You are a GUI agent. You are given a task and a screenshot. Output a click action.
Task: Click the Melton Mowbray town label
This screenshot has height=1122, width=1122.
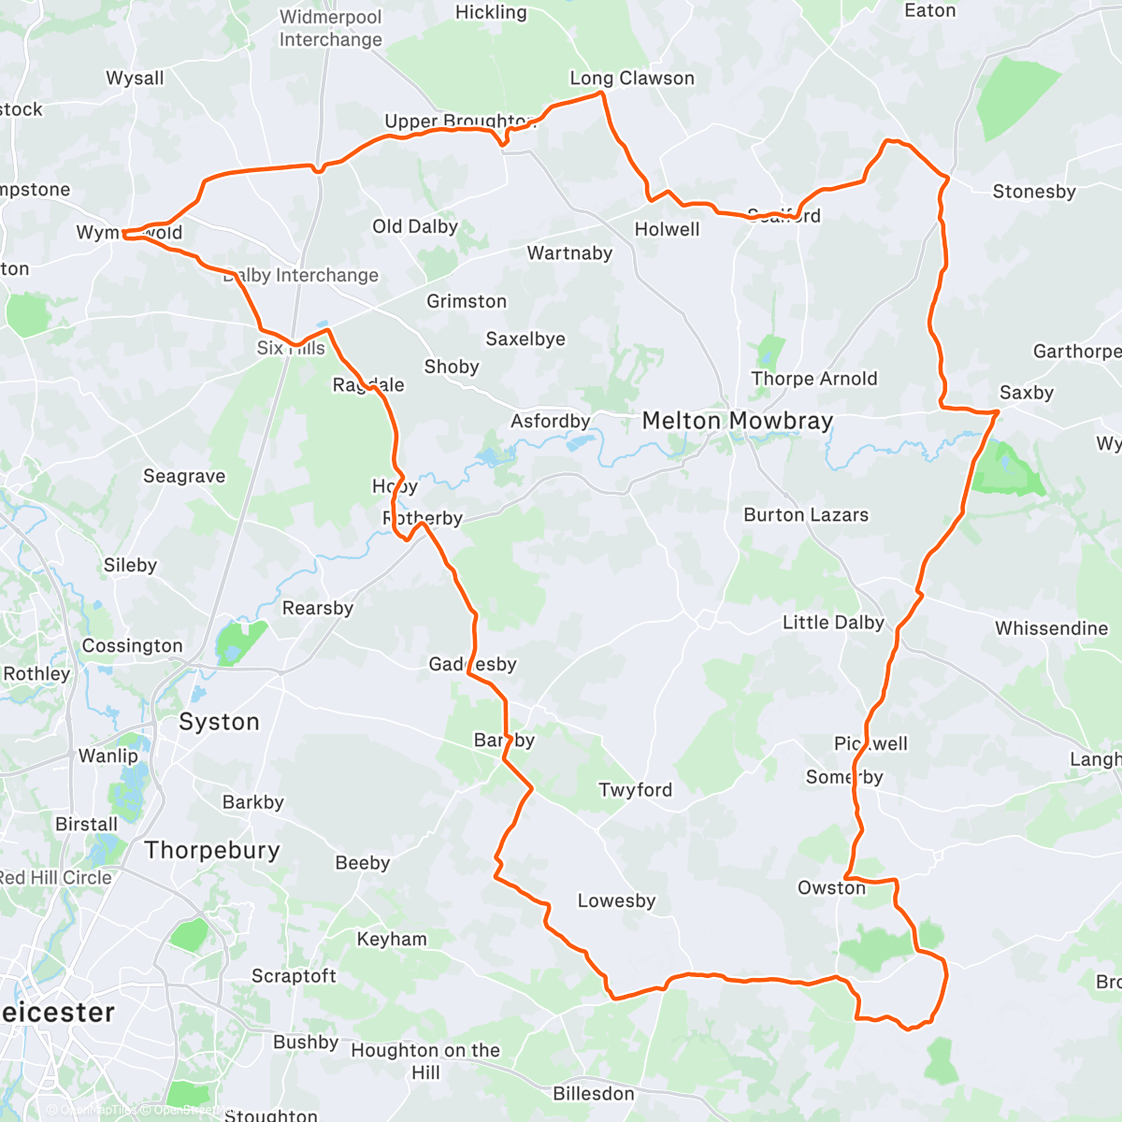click(737, 422)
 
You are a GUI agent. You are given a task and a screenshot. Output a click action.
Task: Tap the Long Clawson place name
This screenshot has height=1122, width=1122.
click(632, 79)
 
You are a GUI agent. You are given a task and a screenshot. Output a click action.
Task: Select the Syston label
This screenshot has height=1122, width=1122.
click(219, 722)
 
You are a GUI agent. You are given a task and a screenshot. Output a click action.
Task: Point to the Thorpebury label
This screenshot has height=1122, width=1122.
click(212, 850)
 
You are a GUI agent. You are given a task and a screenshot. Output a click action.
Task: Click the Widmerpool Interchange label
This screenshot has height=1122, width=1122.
click(331, 29)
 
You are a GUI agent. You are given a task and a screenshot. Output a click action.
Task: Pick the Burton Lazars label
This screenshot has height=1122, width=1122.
click(806, 515)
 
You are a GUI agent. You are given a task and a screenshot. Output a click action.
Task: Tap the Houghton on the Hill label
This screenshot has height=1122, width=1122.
click(425, 1061)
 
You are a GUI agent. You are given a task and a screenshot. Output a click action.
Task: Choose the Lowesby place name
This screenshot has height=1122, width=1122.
click(616, 901)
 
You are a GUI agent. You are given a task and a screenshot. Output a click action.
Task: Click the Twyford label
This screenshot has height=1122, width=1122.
click(636, 790)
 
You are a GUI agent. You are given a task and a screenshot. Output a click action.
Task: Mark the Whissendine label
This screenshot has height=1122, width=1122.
click(1051, 628)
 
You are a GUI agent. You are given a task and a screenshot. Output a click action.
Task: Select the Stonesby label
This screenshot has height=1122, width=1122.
click(1034, 192)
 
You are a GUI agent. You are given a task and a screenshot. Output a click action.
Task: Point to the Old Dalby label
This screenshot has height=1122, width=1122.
click(415, 226)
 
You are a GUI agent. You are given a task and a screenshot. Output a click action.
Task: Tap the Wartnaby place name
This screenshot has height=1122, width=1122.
click(569, 253)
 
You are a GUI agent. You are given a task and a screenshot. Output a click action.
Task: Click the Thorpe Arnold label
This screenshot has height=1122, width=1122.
click(814, 379)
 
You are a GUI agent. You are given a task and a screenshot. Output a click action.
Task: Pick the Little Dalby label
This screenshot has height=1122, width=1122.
click(833, 623)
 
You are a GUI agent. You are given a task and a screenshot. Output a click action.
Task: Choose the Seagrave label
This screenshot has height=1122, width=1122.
click(184, 476)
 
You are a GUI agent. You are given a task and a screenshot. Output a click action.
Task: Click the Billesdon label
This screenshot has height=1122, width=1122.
click(594, 1094)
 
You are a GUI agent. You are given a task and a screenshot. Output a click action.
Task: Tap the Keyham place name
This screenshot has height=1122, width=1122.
click(392, 939)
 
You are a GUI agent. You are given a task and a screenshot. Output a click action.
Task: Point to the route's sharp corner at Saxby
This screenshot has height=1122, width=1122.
click(998, 411)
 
